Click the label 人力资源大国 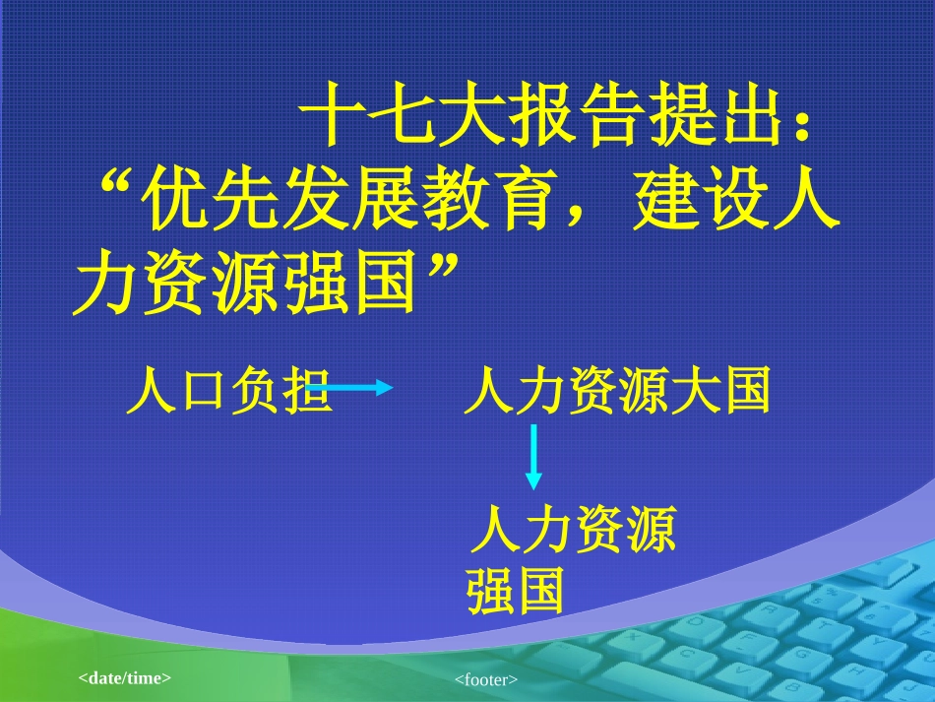tap(616, 392)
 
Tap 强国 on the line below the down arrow tap(516, 591)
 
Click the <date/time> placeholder tap(125, 677)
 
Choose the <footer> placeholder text tap(486, 679)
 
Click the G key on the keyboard tap(801, 654)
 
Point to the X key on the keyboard tap(632, 637)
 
